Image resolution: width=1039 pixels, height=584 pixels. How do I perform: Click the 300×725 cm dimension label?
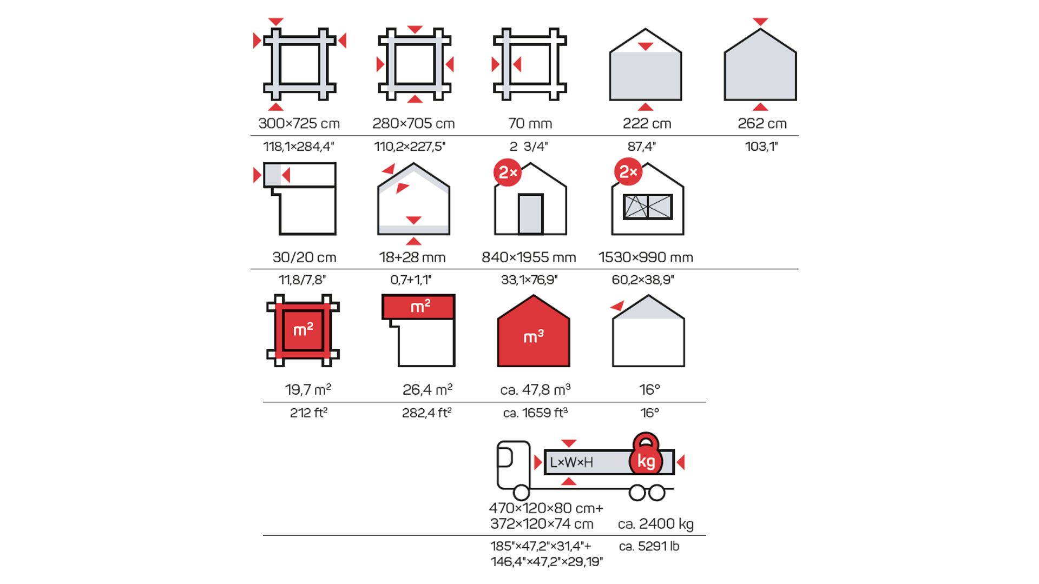tap(299, 124)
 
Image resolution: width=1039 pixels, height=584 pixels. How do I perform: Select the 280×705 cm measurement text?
tap(413, 124)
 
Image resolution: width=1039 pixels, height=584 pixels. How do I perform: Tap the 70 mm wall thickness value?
tap(530, 124)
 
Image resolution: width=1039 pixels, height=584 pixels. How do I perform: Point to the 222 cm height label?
tap(647, 124)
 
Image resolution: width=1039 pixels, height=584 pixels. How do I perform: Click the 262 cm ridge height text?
tap(762, 124)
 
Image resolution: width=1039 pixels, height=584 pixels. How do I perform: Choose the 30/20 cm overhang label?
tap(304, 257)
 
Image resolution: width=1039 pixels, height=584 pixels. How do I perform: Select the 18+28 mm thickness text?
tap(412, 257)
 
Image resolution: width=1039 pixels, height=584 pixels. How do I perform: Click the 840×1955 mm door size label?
tap(529, 257)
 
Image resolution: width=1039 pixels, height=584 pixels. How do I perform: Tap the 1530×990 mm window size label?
tap(646, 257)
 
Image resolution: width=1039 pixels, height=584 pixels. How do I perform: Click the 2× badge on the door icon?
tap(508, 172)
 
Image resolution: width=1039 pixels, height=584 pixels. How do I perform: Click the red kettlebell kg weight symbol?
tap(646, 455)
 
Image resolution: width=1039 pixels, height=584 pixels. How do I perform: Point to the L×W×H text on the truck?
tap(571, 462)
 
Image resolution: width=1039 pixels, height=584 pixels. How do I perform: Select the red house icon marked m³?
tap(533, 333)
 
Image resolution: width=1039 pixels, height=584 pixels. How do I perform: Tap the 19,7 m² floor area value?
tap(308, 390)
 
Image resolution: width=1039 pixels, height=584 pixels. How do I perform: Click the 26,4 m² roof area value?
tap(427, 390)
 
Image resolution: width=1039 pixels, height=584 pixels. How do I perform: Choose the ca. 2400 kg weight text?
tap(655, 524)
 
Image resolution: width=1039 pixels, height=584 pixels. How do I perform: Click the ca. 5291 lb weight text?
tap(649, 546)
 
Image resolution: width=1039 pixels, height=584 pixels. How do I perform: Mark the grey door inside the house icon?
tap(530, 214)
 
